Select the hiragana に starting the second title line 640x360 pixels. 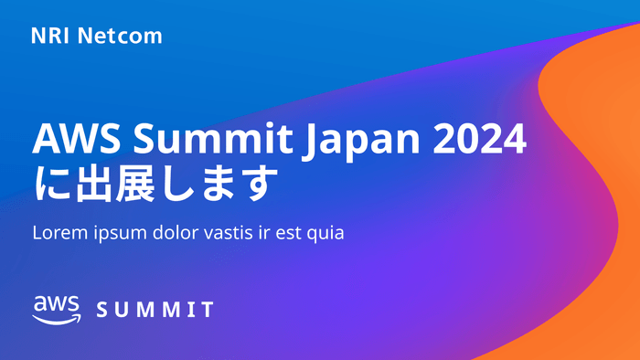point(51,185)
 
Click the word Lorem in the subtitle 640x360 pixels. point(58,232)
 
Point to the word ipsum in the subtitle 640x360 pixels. point(117,234)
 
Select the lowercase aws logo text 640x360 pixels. point(57,304)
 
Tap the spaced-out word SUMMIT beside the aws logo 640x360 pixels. point(155,310)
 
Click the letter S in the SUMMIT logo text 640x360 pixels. point(102,310)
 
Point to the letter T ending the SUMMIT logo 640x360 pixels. point(208,310)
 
